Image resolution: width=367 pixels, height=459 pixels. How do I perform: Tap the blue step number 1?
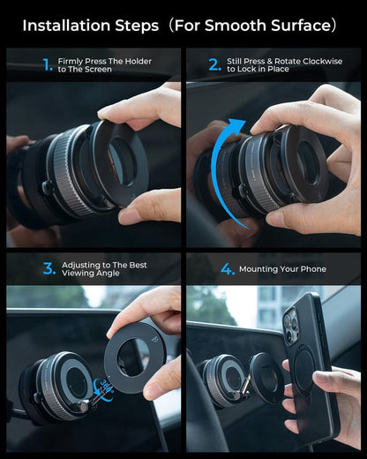[48, 64]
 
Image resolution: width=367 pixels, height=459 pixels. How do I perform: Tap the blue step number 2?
[214, 64]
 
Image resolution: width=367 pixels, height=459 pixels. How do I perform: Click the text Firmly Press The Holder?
[104, 61]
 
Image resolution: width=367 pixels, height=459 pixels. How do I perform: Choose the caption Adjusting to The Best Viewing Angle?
[104, 269]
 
